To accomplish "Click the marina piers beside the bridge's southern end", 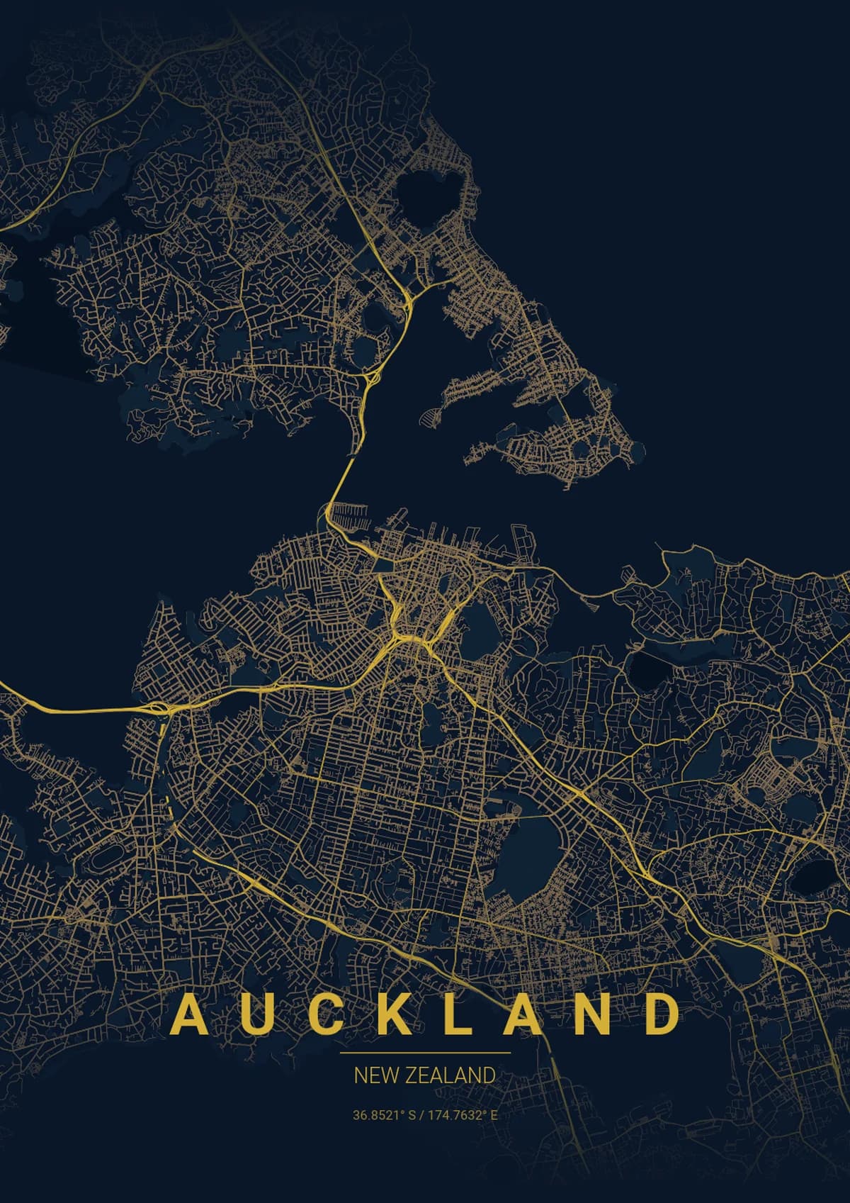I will tap(353, 515).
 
